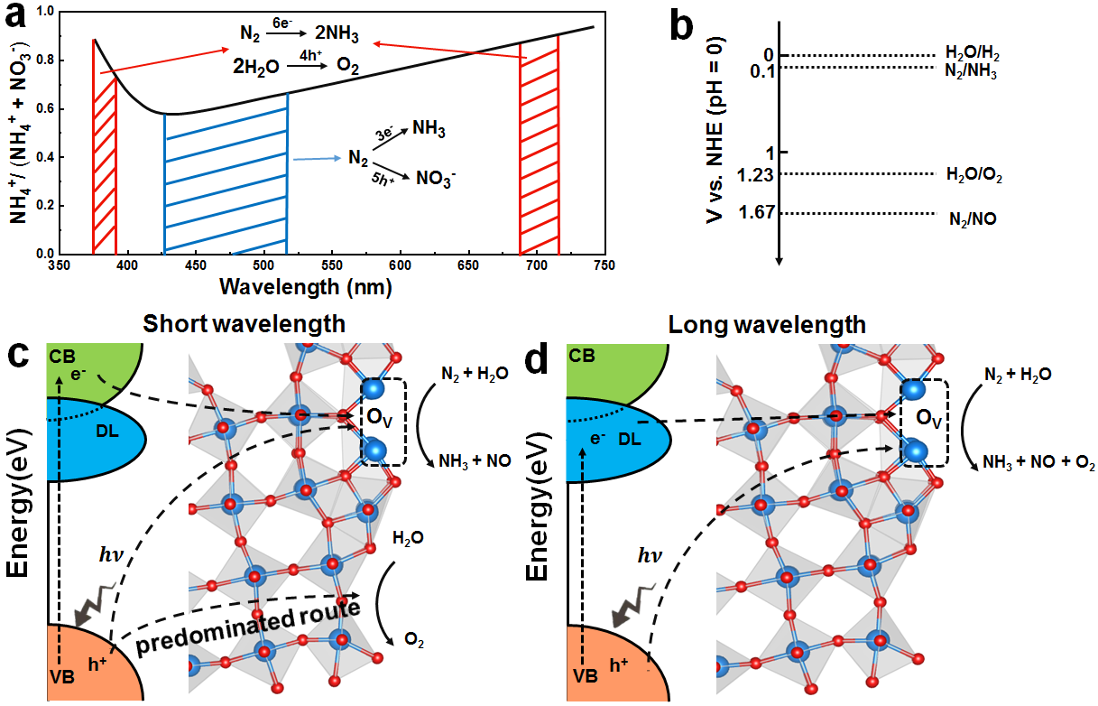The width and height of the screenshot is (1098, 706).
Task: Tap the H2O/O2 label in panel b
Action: [974, 175]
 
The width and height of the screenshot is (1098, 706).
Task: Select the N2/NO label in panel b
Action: [973, 218]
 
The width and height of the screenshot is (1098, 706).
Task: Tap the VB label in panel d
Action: [580, 674]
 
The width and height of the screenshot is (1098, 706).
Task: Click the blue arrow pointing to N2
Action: [317, 158]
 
